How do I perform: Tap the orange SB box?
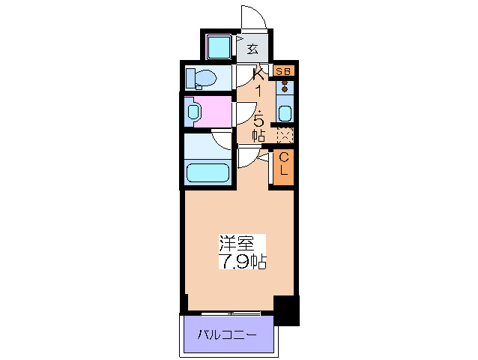(284, 71)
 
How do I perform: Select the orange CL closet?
(284, 166)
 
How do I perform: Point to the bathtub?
(208, 173)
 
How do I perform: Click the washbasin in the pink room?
(194, 112)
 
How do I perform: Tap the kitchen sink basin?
(285, 113)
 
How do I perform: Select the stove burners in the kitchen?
(285, 85)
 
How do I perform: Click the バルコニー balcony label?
(227, 334)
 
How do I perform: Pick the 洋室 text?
(235, 244)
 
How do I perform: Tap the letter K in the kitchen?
(259, 73)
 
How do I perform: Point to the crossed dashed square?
(285, 135)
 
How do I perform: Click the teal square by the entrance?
(219, 48)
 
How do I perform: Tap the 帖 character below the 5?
(258, 135)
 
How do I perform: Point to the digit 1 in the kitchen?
(259, 91)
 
